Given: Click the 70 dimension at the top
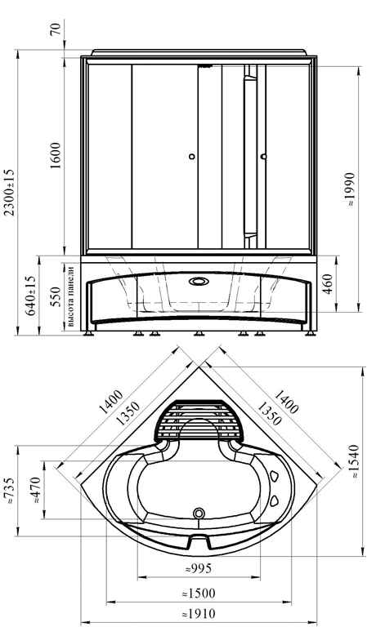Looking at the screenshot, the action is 57,29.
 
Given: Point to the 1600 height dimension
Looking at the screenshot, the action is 56,155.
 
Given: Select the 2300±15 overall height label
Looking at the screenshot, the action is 10,192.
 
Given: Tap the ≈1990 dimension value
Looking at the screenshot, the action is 350,189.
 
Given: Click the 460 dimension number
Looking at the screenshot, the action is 328,284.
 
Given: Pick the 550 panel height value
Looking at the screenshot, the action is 56,296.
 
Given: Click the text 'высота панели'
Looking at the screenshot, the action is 70,296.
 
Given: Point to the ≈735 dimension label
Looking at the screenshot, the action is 10,490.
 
